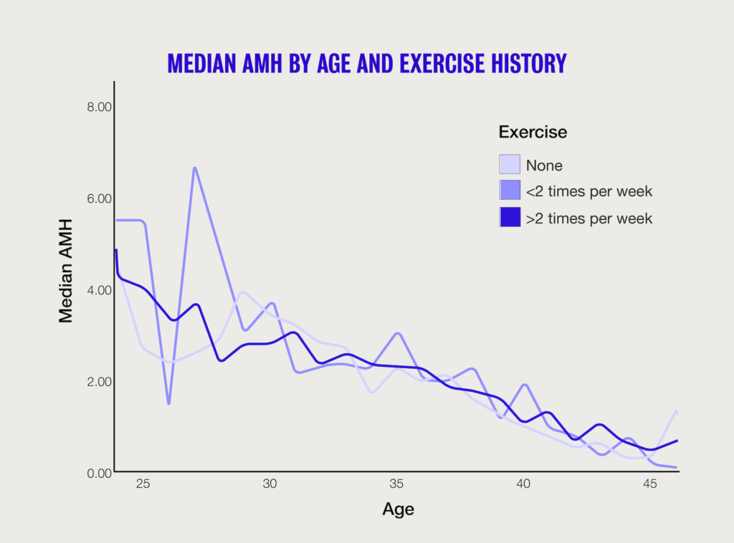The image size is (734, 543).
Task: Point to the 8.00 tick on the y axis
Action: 99,107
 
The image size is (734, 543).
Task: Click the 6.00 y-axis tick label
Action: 99,198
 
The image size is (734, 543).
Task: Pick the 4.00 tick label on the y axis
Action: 99,290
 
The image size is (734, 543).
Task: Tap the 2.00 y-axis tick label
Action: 99,382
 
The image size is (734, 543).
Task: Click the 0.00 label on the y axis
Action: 99,474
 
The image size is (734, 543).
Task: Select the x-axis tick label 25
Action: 143,484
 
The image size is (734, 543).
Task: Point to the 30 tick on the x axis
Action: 270,484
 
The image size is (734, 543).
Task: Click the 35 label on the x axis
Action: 396,484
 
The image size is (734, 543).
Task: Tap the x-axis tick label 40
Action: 523,484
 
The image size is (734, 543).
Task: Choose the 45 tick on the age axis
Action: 650,484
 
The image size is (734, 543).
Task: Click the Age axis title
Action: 399,509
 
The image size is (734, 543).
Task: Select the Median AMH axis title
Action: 65,271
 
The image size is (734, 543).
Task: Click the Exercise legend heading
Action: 533,132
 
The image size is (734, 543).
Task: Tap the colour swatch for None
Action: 510,164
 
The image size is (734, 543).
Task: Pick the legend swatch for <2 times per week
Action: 510,191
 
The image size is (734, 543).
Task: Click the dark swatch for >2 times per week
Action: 510,218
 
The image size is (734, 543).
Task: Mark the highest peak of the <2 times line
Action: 195,168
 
